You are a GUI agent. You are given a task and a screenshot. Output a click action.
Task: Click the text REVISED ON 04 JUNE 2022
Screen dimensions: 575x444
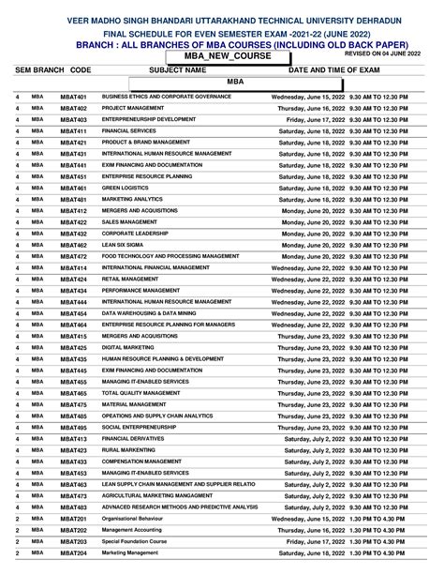pos(383,55)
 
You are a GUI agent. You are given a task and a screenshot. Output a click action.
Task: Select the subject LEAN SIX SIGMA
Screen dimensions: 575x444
pos(125,244)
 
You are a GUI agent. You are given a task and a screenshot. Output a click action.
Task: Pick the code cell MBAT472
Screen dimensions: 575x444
pos(73,256)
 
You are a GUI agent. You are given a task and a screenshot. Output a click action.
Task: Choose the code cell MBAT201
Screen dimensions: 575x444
pos(73,519)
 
